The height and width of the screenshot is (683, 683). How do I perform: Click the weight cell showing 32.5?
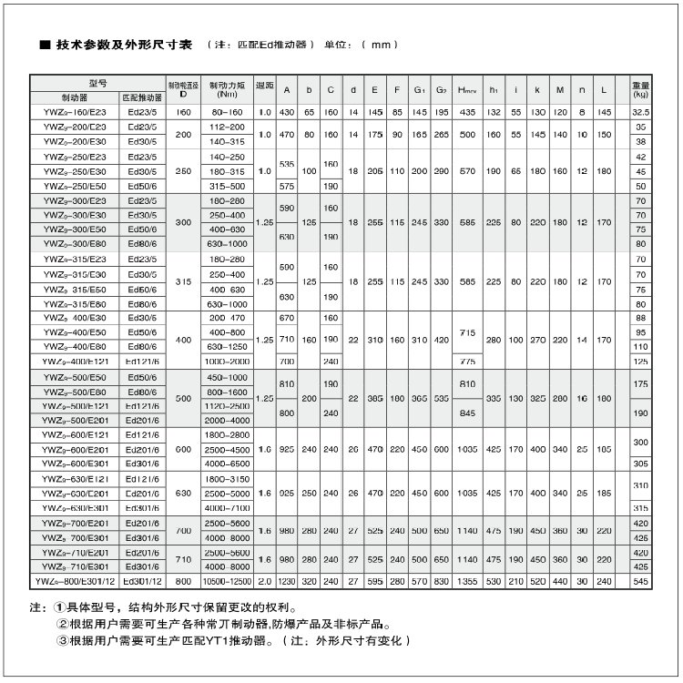[640, 112]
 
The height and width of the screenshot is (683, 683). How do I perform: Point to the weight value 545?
[640, 580]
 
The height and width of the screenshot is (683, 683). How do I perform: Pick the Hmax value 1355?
[468, 580]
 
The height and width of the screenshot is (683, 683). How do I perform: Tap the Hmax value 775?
[468, 361]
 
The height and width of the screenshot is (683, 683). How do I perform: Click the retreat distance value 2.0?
[264, 580]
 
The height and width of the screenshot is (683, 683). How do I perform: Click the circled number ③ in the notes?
[63, 640]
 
